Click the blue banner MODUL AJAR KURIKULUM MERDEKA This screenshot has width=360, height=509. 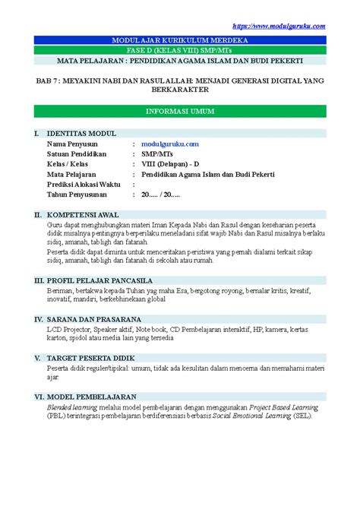[x=181, y=39]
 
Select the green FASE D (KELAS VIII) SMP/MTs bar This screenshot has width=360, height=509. [x=181, y=49]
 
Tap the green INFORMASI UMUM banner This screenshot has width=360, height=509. [x=181, y=111]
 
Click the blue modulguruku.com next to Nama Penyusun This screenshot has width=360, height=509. [x=169, y=143]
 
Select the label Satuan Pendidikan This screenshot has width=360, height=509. [x=80, y=153]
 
